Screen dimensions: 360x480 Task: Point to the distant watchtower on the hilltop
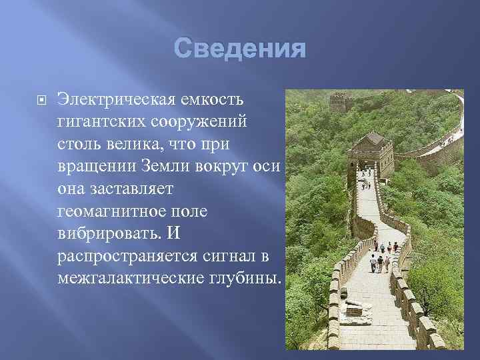point(340,102)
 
